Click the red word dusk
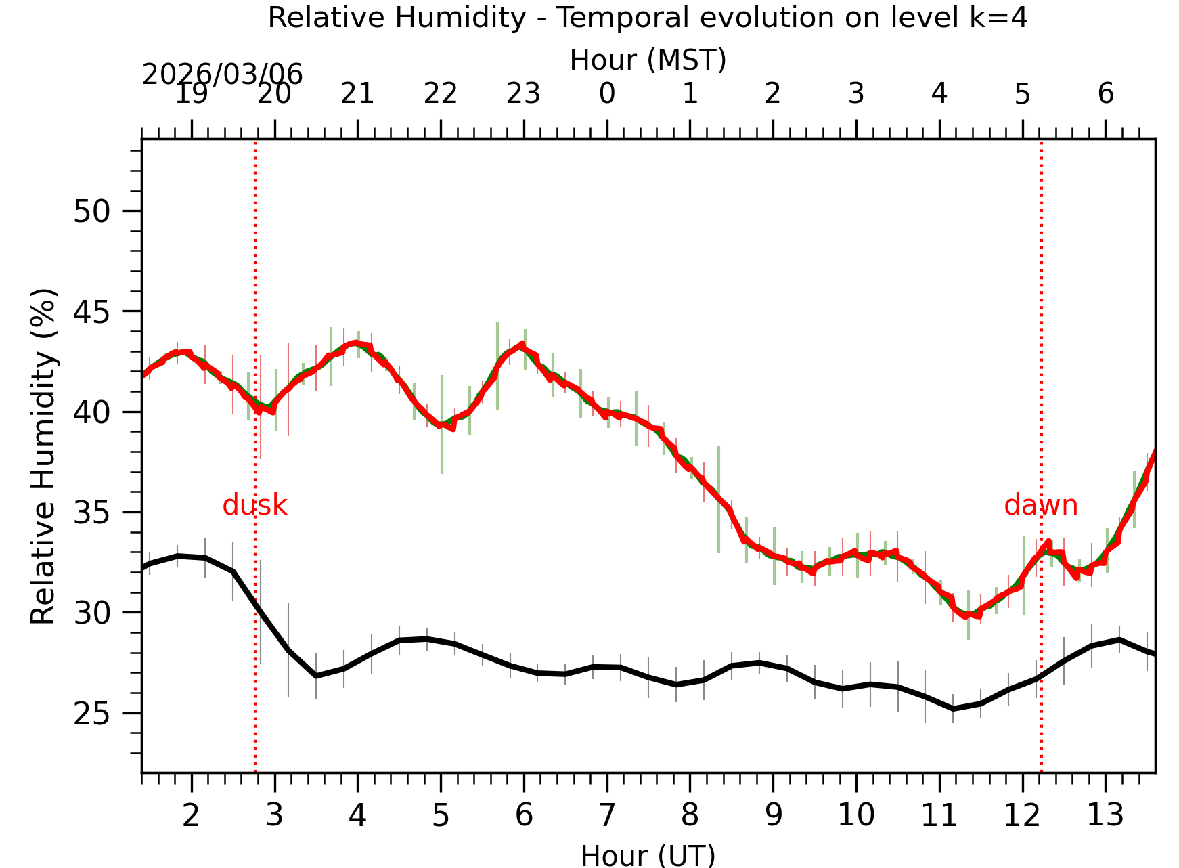coord(254,506)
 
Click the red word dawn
coord(1040,506)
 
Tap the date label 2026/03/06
coord(222,74)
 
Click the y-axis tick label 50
coord(91,212)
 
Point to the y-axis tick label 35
coord(91,513)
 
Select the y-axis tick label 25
coord(91,714)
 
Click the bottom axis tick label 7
coord(606,815)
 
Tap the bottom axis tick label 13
coord(1105,815)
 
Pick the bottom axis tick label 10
coord(855,815)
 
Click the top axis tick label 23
coord(523,93)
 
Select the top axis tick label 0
coord(606,93)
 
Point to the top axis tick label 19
coord(191,93)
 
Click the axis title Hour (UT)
coord(648,856)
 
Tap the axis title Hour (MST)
coord(648,60)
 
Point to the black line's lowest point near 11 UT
coord(953,709)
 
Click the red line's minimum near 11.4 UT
coord(968,615)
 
